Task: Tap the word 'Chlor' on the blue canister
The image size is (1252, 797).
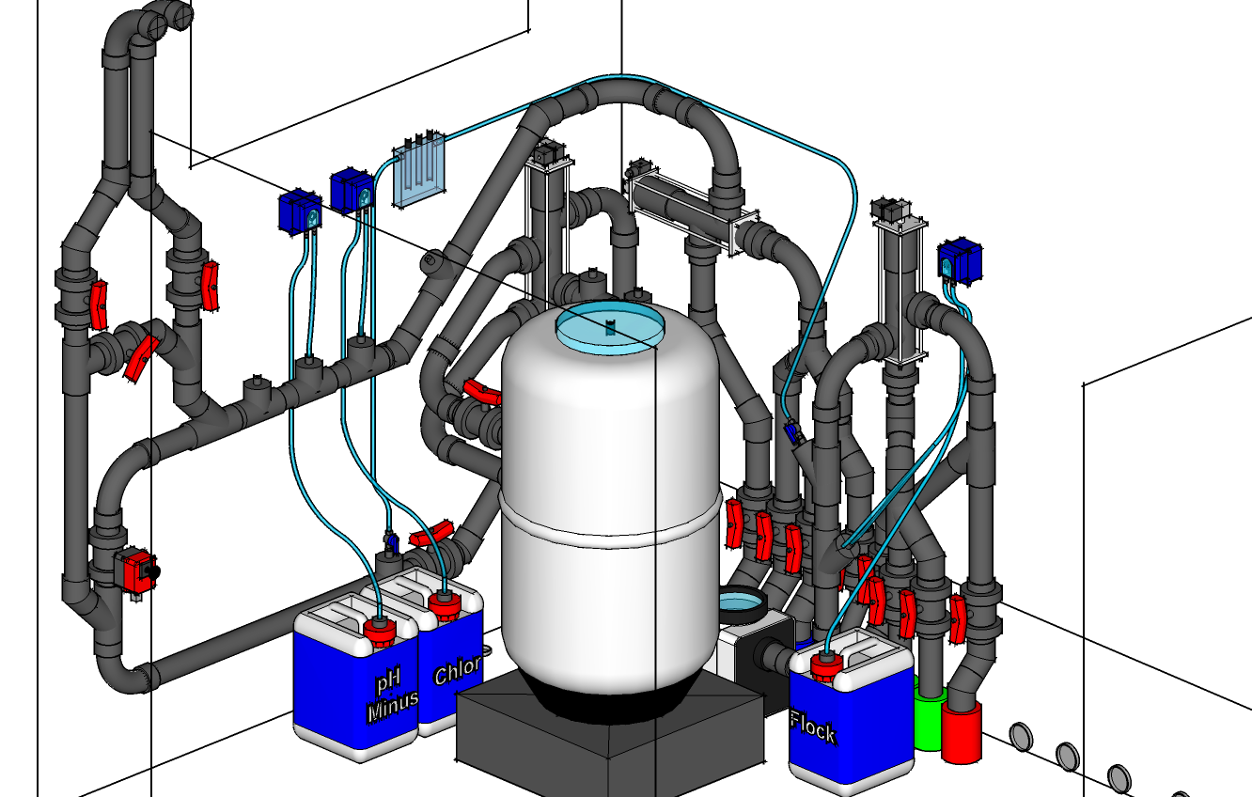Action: click(457, 670)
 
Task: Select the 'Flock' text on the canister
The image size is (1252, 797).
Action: click(813, 727)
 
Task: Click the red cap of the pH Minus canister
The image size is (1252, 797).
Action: click(380, 632)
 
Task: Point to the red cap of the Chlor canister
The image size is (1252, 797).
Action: click(445, 606)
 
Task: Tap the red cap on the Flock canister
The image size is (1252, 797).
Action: click(826, 666)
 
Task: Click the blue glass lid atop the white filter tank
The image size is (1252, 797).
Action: click(610, 326)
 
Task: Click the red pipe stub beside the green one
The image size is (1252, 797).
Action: click(962, 732)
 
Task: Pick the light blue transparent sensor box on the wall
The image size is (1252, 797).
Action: click(418, 170)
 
